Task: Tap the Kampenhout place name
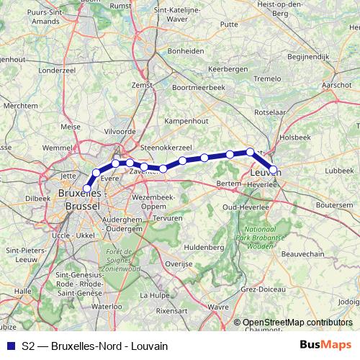point(186,122)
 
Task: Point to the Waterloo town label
point(107,306)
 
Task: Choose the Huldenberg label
point(206,246)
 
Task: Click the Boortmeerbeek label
point(199,87)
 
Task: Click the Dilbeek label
point(37,197)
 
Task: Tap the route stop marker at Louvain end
point(274,170)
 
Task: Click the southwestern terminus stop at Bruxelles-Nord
point(88,189)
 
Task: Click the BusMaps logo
point(326,346)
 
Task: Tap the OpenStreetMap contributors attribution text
point(297,323)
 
